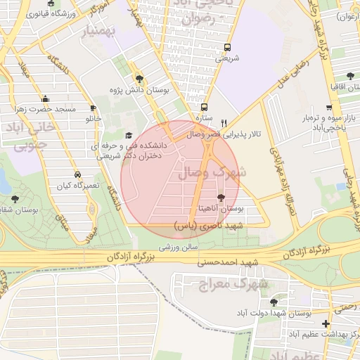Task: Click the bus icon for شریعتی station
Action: click(226, 48)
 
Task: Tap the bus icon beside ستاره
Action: click(204, 108)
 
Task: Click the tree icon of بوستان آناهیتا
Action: click(222, 198)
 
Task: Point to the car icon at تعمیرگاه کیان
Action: click(77, 174)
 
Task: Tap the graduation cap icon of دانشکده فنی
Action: click(127, 136)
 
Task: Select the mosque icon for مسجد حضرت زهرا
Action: click(46, 98)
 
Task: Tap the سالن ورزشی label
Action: click(177, 247)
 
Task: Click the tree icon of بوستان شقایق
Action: click(15, 199)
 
